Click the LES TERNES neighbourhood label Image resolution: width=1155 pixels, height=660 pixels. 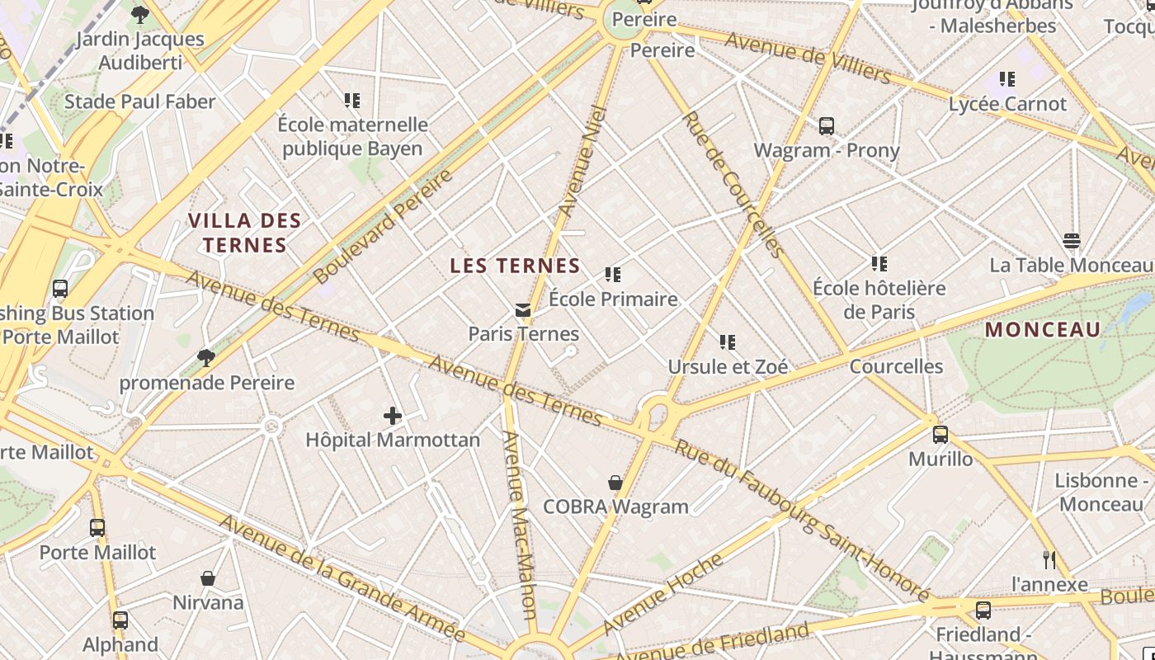coord(515,266)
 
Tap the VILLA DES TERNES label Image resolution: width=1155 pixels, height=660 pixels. coord(245,233)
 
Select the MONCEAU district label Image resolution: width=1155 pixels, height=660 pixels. coord(1043,330)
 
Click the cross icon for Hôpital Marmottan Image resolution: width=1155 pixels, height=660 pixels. coord(393,416)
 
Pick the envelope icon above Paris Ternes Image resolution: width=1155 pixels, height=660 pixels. coord(523,310)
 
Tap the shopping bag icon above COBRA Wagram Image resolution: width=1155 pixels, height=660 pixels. coord(615,483)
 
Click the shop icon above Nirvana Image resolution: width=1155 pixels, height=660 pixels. coord(208,578)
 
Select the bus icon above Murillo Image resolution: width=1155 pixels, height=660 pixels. coord(940,435)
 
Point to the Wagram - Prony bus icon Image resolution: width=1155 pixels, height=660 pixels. coord(827,126)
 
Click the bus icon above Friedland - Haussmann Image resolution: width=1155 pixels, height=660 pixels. coord(983,610)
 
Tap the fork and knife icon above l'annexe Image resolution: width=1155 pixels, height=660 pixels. coord(1049,560)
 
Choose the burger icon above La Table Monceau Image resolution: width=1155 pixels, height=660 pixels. coord(1071,241)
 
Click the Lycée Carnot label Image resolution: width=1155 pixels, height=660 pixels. coord(1007,104)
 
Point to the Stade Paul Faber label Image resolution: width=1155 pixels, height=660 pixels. coord(139,101)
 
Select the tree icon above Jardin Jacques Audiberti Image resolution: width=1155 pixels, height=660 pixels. coord(140,14)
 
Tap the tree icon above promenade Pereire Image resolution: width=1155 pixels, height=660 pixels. coord(206,358)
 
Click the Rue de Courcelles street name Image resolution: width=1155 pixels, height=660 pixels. coord(732,184)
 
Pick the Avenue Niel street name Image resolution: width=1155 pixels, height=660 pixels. coord(582,161)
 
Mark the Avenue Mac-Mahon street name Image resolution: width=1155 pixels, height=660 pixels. coord(520,525)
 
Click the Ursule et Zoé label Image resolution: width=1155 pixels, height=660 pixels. coord(728,366)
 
